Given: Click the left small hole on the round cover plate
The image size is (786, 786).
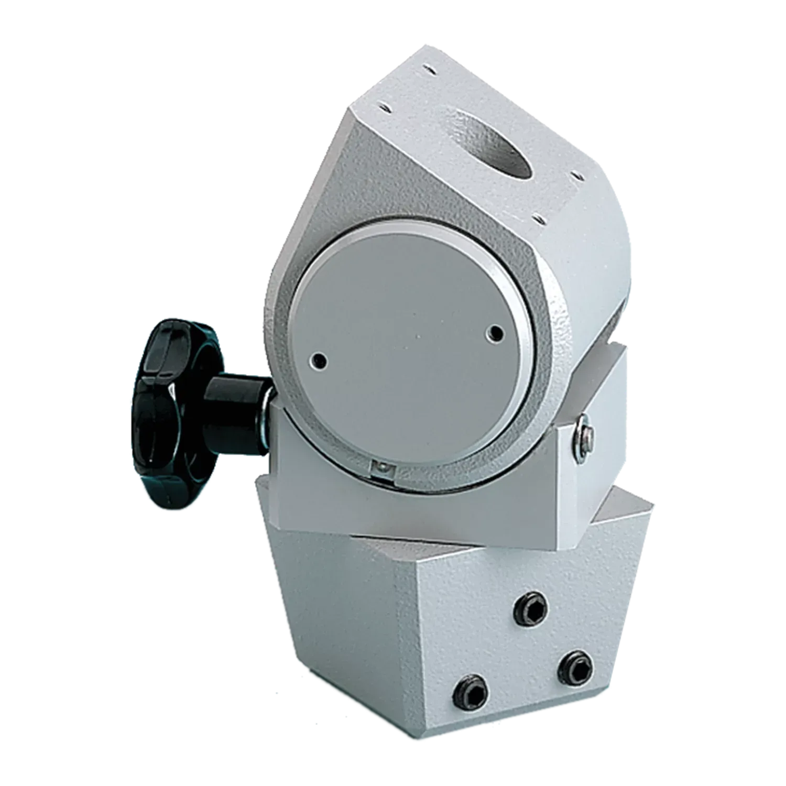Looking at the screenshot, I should [x=318, y=360].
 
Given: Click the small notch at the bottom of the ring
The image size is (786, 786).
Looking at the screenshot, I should [x=382, y=468].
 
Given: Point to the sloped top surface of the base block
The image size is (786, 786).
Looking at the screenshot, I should [x=613, y=524].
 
